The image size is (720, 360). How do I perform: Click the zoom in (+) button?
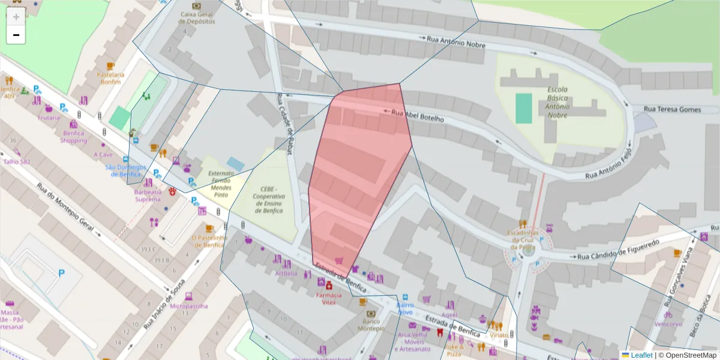[x=16, y=17]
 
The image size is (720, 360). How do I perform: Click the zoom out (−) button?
[x=16, y=35]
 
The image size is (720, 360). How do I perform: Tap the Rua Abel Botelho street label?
[x=417, y=115]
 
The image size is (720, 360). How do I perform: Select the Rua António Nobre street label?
[x=454, y=41]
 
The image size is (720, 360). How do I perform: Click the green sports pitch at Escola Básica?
[x=524, y=109]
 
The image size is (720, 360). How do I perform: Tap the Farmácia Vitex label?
[x=328, y=298]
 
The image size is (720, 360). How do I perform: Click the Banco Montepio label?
[x=371, y=325]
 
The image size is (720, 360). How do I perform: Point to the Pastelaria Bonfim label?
[x=110, y=78]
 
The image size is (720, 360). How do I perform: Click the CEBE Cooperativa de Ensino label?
[x=268, y=200]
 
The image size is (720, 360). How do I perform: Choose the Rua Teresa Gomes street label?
[x=672, y=109]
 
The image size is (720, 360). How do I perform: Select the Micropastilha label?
[x=188, y=305]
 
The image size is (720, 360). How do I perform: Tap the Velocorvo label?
[x=668, y=324]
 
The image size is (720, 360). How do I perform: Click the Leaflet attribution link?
[x=641, y=355]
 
